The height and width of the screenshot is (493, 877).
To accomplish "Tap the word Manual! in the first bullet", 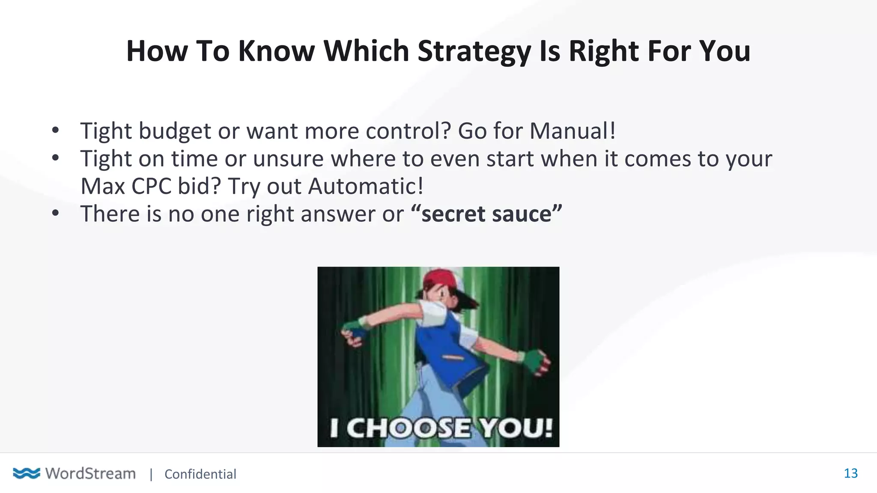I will click(573, 131).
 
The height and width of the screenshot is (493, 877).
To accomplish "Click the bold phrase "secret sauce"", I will click(486, 214).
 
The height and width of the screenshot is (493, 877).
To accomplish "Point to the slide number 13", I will click(850, 473).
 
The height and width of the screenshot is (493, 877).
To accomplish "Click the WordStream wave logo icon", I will click(27, 473).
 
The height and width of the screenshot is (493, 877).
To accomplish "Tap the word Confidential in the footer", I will click(200, 474).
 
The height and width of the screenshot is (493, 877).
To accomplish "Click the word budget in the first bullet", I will click(175, 131).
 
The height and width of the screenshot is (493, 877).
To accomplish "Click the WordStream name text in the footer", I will click(90, 473).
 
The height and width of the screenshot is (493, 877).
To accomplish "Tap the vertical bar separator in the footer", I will click(151, 474).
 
